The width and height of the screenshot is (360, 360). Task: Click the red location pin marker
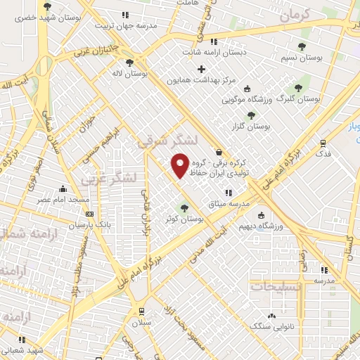coord(180,165)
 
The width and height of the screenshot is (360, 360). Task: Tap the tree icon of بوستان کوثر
coord(185,207)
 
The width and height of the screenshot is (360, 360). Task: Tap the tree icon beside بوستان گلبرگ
coord(299,88)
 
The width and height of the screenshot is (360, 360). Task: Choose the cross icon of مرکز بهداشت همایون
coord(202,69)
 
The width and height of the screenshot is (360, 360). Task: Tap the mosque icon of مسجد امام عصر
coord(64,188)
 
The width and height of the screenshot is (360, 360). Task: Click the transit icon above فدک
coord(323,141)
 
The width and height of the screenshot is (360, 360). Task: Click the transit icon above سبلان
coord(141,311)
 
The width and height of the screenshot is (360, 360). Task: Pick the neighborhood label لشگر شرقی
coord(160,141)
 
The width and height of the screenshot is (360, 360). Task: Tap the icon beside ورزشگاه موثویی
coord(246,89)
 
